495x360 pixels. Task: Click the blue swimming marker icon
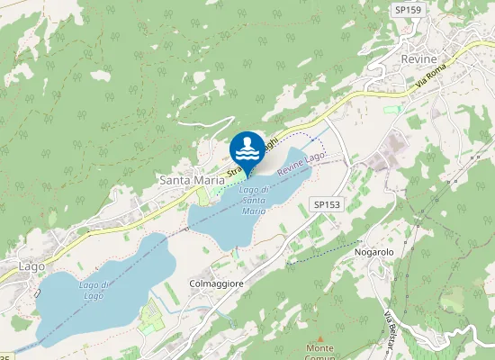tap(247, 148)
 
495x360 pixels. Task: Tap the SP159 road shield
tap(408, 9)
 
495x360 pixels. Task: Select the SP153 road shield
tap(327, 205)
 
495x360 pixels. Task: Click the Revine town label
tap(418, 58)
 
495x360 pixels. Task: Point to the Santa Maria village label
tap(191, 180)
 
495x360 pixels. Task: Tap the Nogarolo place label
tap(374, 253)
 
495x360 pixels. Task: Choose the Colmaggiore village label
tap(217, 283)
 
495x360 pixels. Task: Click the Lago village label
tap(31, 266)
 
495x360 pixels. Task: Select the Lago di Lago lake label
tap(94, 290)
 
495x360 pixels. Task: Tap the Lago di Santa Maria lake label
tap(253, 200)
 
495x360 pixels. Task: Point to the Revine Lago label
tap(301, 163)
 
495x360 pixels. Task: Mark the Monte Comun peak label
tap(319, 352)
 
